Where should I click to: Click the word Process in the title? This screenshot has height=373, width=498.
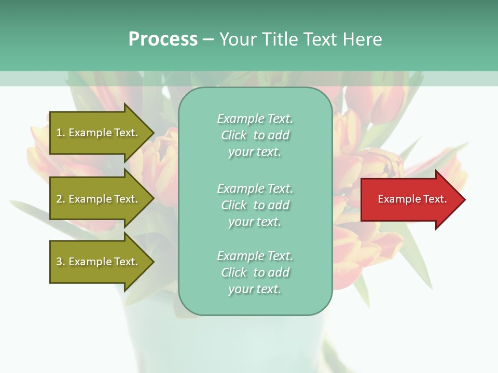[163, 39]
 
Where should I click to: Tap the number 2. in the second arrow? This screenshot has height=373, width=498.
[60, 199]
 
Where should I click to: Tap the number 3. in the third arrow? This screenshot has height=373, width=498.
[60, 262]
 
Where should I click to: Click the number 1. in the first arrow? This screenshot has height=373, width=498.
[60, 133]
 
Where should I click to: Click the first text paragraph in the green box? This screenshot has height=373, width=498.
[255, 135]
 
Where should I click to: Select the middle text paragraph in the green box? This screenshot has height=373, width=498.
[255, 205]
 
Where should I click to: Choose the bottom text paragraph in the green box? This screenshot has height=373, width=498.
[255, 272]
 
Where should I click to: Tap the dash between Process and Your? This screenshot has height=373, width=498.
[208, 40]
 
